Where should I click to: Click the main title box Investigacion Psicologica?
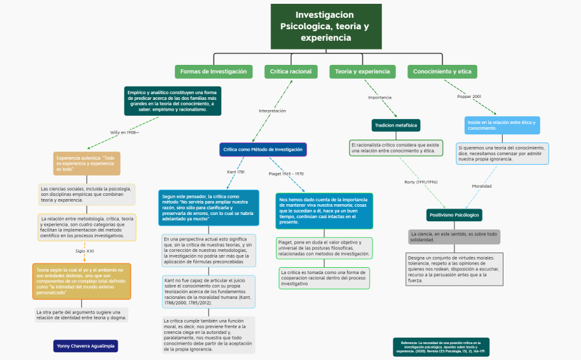click(x=326, y=26)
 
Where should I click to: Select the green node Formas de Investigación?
click(x=214, y=72)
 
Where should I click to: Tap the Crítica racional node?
click(x=290, y=72)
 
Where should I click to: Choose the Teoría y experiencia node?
click(x=363, y=72)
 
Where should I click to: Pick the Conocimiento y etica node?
click(x=442, y=72)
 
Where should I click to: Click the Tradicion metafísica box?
click(x=395, y=125)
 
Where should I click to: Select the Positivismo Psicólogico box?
click(x=455, y=215)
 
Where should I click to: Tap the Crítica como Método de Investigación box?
click(x=263, y=149)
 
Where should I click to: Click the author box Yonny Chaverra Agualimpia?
click(x=86, y=346)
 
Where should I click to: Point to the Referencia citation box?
click(x=441, y=346)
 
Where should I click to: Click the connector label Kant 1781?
click(x=236, y=172)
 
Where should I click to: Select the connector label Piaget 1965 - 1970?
click(x=286, y=174)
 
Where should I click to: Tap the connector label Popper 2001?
click(x=469, y=97)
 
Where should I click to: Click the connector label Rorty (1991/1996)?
click(x=421, y=182)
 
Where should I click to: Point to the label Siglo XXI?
click(x=85, y=251)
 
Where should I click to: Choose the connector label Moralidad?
click(x=481, y=186)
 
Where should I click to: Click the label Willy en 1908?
click(x=124, y=132)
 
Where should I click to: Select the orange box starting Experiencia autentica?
click(x=86, y=163)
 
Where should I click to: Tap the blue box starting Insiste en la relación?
click(x=502, y=125)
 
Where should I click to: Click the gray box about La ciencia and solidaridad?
click(x=454, y=237)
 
